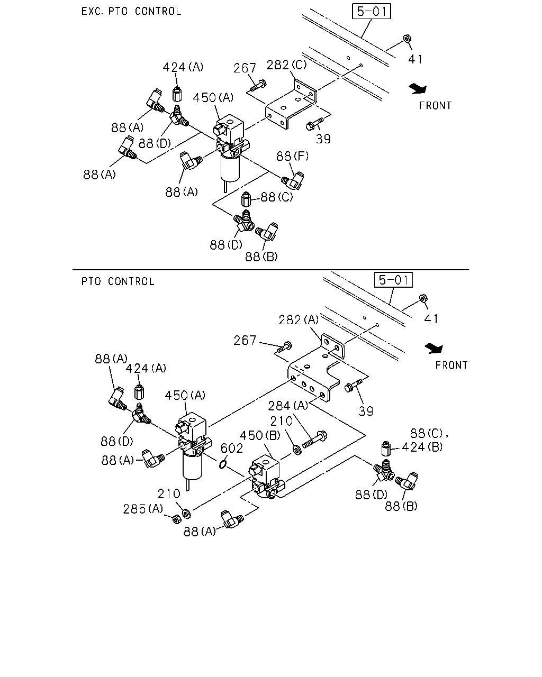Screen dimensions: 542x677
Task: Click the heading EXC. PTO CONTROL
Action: pos(131,11)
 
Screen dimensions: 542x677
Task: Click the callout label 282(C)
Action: pos(286,65)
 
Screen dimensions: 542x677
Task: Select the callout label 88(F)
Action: pos(292,156)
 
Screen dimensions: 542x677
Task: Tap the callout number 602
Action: pos(231,449)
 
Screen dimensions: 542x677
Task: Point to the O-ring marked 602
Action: pos(222,463)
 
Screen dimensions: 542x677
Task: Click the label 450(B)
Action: pos(260,435)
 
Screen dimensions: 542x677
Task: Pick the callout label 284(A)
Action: pos(288,406)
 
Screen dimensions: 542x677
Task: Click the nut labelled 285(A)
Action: pos(177,519)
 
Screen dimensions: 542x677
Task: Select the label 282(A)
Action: pos(299,320)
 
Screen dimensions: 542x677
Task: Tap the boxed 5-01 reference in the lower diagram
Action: pos(393,280)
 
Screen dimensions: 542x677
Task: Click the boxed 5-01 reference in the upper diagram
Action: pos(372,11)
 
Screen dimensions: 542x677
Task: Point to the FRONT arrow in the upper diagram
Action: pos(418,89)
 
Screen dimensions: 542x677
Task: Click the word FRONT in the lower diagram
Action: pos(451,365)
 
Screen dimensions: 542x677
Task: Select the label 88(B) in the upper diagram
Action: pos(261,257)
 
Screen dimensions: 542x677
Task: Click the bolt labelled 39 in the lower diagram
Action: pos(354,386)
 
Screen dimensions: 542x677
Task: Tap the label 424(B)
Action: pos(422,447)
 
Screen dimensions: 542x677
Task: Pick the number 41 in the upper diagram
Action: pos(415,59)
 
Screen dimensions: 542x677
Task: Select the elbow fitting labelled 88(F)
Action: pos(293,180)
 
